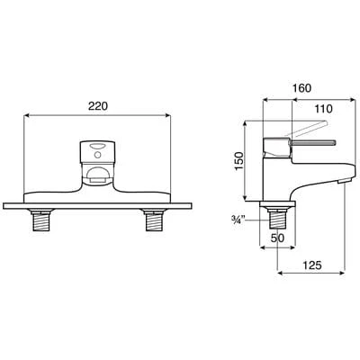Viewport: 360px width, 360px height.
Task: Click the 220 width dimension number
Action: (x=99, y=105)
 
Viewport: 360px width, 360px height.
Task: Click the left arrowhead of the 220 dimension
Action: (x=27, y=116)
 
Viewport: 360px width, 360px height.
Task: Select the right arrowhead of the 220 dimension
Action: (x=169, y=116)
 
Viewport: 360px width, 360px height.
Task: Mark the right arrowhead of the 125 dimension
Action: (x=345, y=275)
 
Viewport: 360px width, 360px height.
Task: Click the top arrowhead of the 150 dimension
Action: (x=248, y=124)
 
